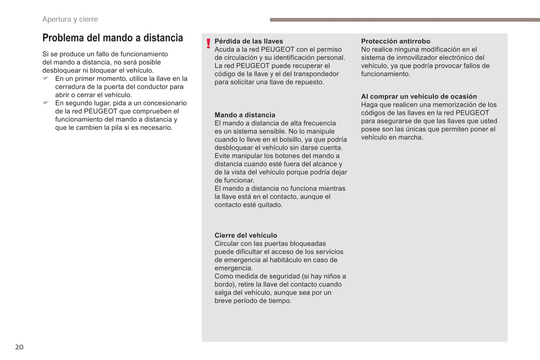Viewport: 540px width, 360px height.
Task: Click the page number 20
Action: click(19, 347)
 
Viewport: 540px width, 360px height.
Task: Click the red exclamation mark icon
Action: click(208, 44)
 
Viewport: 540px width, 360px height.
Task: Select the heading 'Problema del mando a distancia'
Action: click(112, 38)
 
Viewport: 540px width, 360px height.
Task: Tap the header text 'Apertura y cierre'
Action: click(70, 19)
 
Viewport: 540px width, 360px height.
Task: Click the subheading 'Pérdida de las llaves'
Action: click(249, 41)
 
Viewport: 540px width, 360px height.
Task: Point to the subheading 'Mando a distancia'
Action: click(245, 115)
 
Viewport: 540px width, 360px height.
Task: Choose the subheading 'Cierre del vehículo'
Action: click(246, 235)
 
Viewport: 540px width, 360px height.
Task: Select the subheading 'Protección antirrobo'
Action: click(395, 41)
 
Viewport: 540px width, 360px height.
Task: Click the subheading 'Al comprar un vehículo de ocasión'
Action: click(419, 96)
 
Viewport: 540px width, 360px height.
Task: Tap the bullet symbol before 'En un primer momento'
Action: click(46, 78)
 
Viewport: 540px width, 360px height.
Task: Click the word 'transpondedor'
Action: click(316, 74)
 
